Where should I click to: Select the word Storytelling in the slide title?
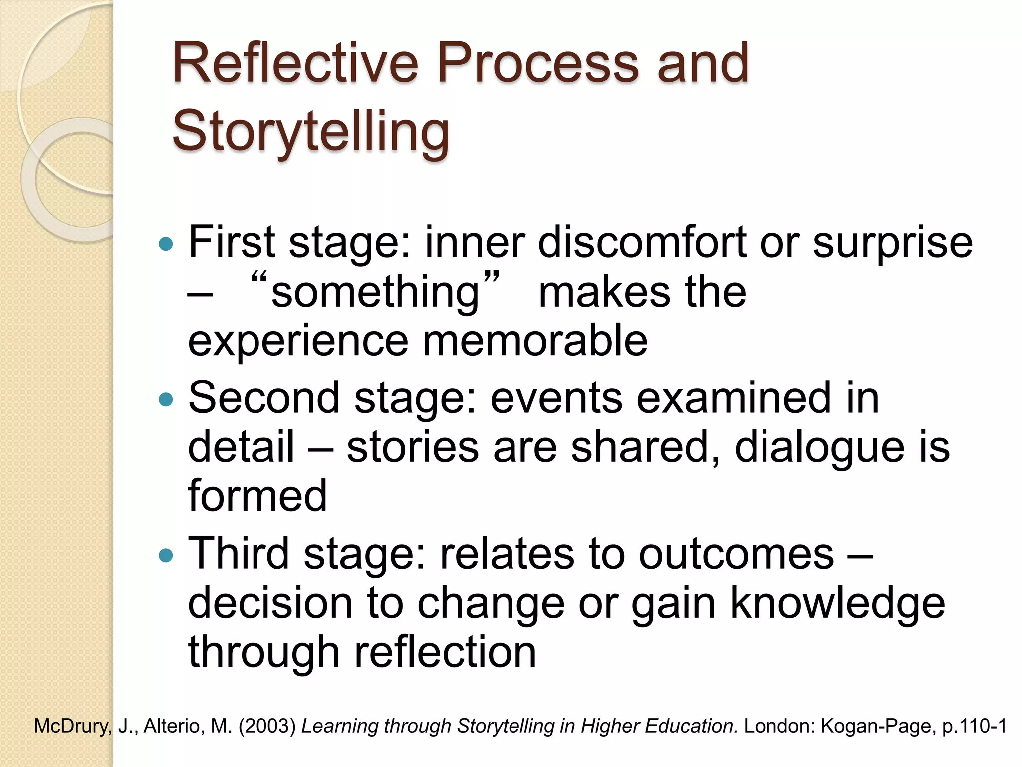[310, 131]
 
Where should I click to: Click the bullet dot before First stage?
[165, 244]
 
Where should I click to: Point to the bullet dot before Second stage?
[165, 399]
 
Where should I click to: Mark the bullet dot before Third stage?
[165, 555]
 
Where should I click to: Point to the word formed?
[257, 496]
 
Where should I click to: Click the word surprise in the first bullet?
[893, 243]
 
